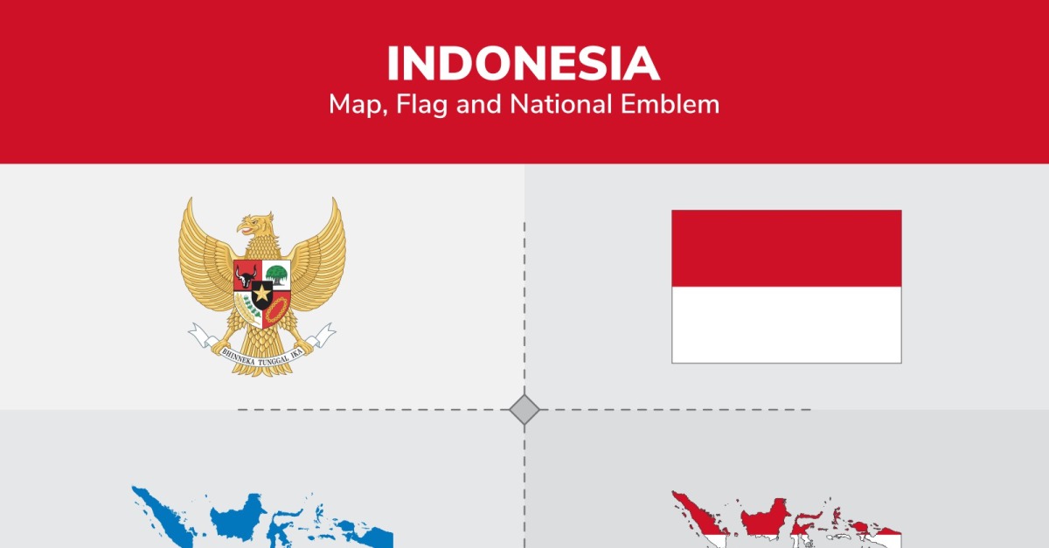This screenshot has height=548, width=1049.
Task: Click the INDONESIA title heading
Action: click(524, 64)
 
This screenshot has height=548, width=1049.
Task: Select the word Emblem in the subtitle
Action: click(670, 104)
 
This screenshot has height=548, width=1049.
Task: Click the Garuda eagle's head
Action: click(255, 225)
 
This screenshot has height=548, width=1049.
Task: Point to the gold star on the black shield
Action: click(261, 293)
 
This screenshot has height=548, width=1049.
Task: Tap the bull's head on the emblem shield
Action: click(246, 276)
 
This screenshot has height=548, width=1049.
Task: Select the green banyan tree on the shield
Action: click(276, 274)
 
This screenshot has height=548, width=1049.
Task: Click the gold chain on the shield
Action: click(276, 309)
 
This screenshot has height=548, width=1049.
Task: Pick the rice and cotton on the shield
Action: click(248, 309)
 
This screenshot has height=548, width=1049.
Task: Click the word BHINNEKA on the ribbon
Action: click(239, 357)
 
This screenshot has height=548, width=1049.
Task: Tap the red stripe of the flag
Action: click(786, 248)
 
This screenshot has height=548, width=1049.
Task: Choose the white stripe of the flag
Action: click(786, 324)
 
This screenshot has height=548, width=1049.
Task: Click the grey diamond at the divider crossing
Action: click(524, 409)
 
